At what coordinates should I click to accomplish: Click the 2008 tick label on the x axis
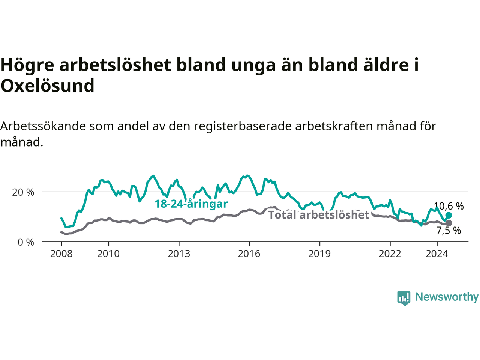coord(61,254)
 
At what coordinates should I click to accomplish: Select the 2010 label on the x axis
coord(108,254)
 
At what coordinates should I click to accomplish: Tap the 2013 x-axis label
coord(179,254)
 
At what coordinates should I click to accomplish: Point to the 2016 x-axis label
coord(249,254)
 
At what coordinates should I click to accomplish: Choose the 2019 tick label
coord(319,254)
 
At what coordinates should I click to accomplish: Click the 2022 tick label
coord(390,254)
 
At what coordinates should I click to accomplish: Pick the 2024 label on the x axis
coord(437,254)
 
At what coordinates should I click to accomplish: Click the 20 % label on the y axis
coord(23,192)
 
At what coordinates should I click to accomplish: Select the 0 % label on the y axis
coord(26,242)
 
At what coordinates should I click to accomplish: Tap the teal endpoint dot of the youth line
coord(448,215)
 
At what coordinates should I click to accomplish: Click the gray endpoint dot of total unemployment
coord(448,223)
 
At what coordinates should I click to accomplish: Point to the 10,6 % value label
coord(448,206)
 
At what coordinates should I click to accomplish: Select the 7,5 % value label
coord(449,231)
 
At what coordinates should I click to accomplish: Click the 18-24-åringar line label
coord(191,204)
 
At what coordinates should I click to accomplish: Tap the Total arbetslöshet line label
coord(319,214)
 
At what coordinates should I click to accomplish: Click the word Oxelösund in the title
coord(48,85)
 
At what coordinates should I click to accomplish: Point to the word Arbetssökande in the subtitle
coord(43,126)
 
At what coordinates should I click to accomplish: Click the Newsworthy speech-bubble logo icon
coord(403,298)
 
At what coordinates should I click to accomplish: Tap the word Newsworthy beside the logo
coord(447,297)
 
